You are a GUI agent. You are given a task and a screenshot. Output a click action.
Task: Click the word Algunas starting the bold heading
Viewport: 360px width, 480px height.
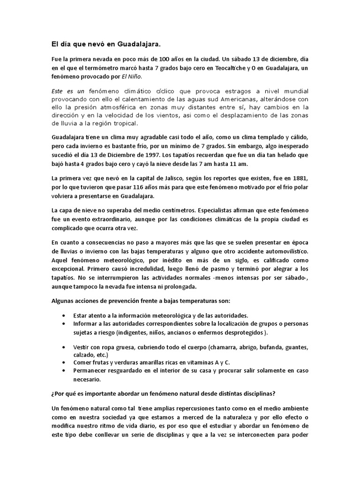click(63, 300)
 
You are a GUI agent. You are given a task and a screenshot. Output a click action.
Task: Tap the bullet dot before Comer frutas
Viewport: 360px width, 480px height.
click(63, 362)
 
